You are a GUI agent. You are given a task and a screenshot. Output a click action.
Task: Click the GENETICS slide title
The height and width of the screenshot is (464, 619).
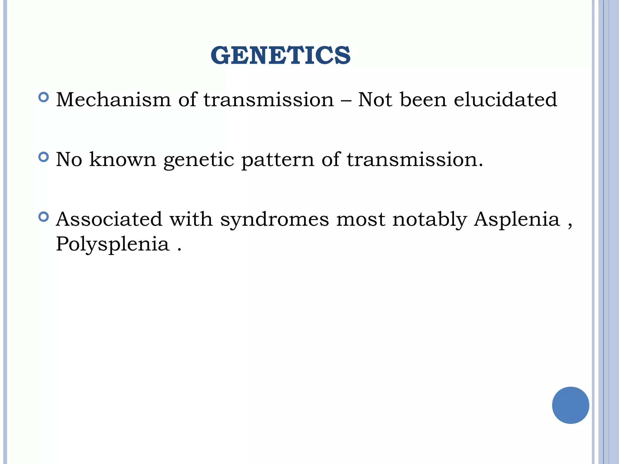pos(280,55)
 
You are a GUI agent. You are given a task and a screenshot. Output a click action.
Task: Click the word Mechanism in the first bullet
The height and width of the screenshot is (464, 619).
pos(114,99)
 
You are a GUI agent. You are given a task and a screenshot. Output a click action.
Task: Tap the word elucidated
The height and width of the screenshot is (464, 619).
pos(505,99)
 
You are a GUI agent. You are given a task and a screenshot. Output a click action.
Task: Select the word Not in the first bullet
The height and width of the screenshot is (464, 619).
pos(375,99)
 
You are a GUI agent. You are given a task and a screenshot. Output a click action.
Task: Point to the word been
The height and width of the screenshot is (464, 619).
pos(423,99)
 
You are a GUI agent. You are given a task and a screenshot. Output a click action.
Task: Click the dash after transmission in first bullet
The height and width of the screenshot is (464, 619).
pos(346,100)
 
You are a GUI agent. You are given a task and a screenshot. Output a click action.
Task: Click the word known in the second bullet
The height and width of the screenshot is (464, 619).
pos(122,159)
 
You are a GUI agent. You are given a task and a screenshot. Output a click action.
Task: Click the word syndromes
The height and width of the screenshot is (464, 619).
pos(274,220)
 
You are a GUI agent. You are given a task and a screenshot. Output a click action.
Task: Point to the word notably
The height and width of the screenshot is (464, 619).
pos(429,219)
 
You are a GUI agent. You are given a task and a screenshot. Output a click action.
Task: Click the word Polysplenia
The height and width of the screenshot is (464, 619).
pos(112,244)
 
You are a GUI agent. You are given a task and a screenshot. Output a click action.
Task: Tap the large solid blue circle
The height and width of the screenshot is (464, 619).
pos(570,405)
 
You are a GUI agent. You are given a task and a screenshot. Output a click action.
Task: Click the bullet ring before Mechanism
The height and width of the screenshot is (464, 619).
pos(44,97)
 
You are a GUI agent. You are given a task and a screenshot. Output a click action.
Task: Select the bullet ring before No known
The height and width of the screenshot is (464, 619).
pos(44,157)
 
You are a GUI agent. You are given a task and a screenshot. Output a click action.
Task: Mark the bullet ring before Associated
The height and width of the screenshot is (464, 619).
pos(44,217)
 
